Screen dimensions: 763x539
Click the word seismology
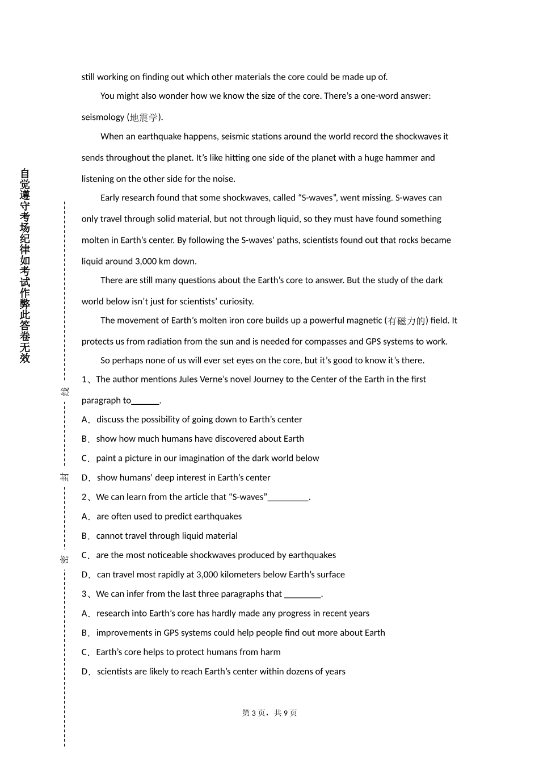(x=103, y=118)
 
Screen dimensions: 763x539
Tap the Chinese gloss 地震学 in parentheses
(x=144, y=118)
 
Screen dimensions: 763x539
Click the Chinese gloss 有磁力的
(x=406, y=321)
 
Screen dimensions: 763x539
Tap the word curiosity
(x=234, y=301)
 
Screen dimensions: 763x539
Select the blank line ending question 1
(x=145, y=401)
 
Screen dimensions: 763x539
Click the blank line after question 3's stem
(x=302, y=594)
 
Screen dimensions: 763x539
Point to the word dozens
(x=297, y=672)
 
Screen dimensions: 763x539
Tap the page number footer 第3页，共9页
(x=269, y=713)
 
